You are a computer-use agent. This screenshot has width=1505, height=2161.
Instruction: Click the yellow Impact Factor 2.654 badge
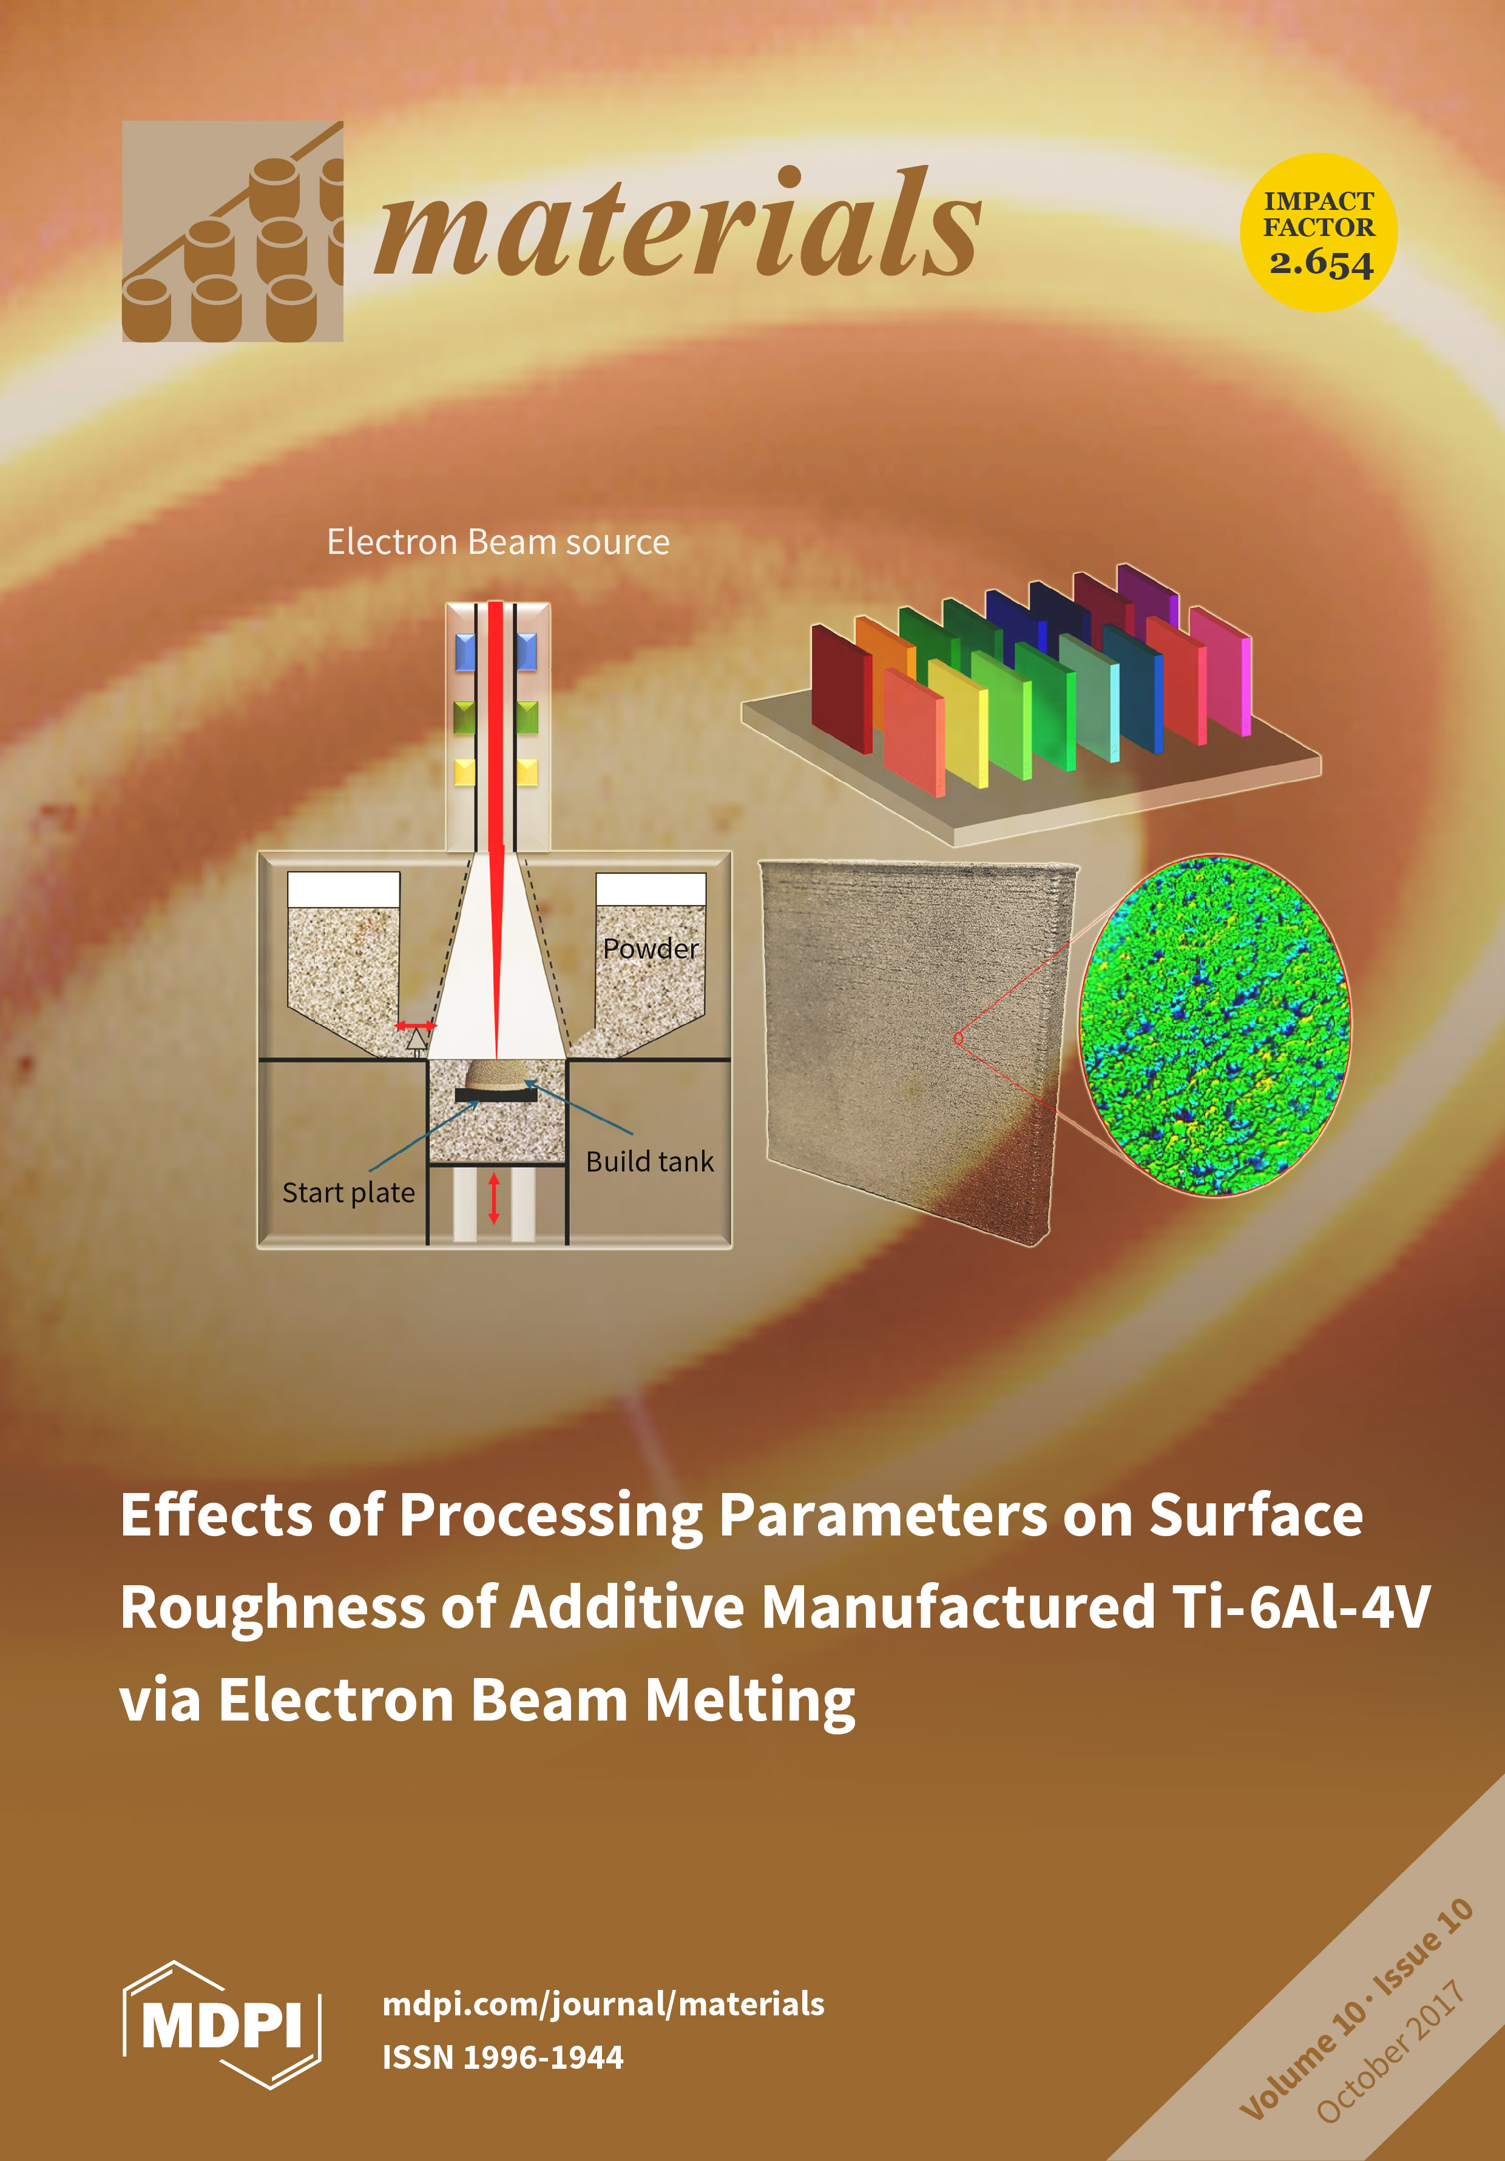click(x=1319, y=232)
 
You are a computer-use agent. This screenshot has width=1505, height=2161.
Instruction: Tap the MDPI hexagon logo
click(x=222, y=2023)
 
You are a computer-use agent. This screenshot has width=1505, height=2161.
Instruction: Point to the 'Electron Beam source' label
click(x=498, y=542)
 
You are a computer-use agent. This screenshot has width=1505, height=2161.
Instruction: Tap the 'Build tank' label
click(x=649, y=1161)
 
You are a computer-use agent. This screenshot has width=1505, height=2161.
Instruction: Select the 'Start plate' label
click(x=348, y=1193)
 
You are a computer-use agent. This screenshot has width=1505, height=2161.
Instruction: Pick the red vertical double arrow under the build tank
click(x=493, y=1198)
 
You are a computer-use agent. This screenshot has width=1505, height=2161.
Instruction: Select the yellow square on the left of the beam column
click(x=465, y=772)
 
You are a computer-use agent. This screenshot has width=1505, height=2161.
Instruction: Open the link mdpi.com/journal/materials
click(x=603, y=2004)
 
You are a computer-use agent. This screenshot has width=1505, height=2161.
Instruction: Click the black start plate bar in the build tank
click(x=496, y=1094)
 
